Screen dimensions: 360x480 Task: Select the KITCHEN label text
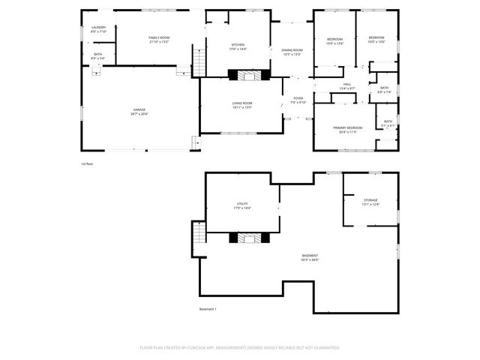(238, 46)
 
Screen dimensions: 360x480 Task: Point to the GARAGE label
(139, 112)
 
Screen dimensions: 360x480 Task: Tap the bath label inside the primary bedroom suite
(388, 123)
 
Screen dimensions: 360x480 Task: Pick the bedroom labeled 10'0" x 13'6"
(376, 39)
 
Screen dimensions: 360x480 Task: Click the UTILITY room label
(241, 205)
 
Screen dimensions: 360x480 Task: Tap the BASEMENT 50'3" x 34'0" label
(310, 257)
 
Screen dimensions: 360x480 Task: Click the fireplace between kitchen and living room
(247, 75)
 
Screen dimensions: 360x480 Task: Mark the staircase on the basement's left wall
(198, 238)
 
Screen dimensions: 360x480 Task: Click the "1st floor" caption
(87, 163)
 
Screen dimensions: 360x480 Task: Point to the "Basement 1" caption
(207, 309)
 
